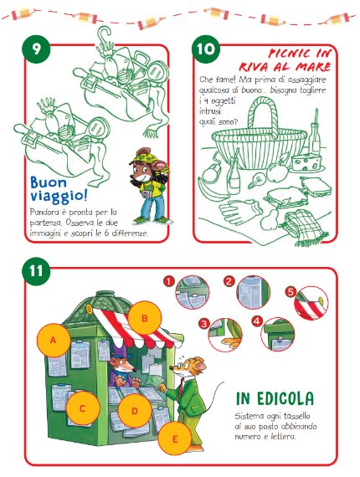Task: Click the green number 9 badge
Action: point(36,49)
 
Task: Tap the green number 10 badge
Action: point(206,49)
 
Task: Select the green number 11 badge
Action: point(36,270)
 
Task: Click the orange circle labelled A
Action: point(54,340)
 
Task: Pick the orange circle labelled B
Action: point(144,318)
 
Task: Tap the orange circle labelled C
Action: point(83,408)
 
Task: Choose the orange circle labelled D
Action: point(135,411)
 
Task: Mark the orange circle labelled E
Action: point(175,439)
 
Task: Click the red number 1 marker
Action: point(168,281)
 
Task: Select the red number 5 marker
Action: point(291,292)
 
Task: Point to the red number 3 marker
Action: point(203,323)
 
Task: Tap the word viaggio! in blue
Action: point(59,196)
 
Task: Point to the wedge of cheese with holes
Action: point(306,162)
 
